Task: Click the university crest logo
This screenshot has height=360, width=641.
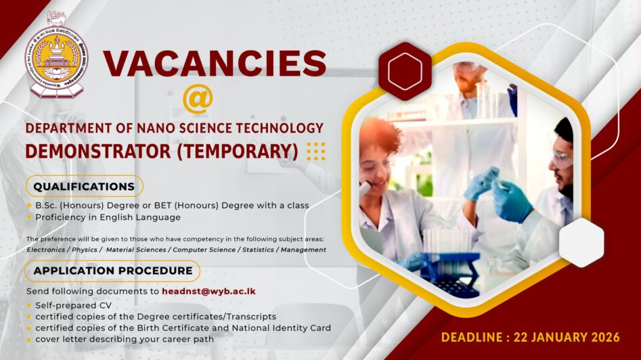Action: pos(56,55)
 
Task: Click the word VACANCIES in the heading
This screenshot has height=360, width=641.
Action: pos(215,64)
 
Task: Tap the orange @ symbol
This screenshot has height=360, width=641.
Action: pos(198,99)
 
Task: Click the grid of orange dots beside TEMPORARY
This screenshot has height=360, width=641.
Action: pos(316,150)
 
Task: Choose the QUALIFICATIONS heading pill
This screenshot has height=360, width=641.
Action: pos(84,186)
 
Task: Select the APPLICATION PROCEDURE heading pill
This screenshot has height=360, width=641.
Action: pos(112,271)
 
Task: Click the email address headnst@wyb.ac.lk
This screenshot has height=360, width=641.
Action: pos(208,291)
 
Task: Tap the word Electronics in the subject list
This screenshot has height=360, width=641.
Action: pos(50,250)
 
